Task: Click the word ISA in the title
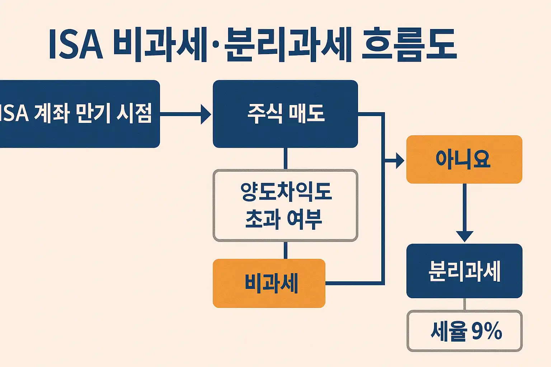pos(76,45)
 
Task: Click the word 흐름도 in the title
pos(409,45)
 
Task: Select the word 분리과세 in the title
pos(287,45)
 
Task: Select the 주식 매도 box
pos(285,114)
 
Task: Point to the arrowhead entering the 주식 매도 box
pos(206,114)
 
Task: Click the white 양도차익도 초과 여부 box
pos(285,205)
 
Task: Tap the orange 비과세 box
pos(269,283)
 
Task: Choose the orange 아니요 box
pos(464,159)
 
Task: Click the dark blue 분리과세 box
pos(464,271)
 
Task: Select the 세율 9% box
pos(465,331)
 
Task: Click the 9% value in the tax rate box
pos(486,331)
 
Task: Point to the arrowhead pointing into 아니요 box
pos(400,160)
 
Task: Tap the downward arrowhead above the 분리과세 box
pos(465,236)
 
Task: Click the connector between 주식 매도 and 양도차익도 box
pos(286,158)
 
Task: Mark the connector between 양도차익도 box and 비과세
pos(286,250)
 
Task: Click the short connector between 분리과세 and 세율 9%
pos(465,304)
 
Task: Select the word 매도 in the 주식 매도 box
pos(307,114)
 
